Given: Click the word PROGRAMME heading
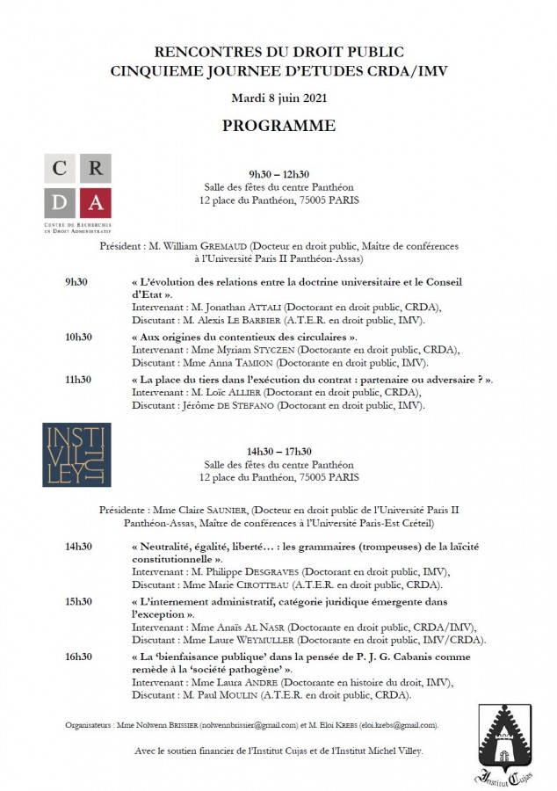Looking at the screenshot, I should (278, 126).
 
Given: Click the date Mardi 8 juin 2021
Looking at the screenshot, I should (278, 97).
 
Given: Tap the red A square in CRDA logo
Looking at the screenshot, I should (95, 204).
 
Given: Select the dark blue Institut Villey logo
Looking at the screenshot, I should (76, 454).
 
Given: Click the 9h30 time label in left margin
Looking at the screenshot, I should (78, 282).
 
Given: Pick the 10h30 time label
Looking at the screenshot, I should (78, 337).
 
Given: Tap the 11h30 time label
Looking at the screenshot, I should (78, 379).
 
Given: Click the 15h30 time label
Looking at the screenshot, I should (78, 601).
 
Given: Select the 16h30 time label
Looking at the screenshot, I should (78, 656).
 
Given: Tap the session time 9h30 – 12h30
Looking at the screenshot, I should (278, 174).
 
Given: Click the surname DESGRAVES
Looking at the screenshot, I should (278, 571).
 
